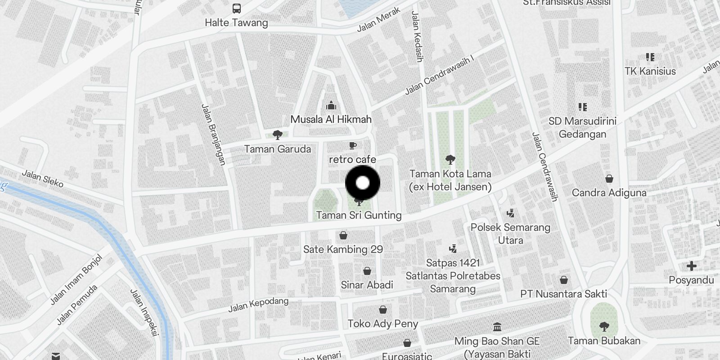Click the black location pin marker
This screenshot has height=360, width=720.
[363, 183]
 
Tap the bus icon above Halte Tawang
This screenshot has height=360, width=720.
[236, 8]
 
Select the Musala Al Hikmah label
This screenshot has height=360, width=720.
[331, 119]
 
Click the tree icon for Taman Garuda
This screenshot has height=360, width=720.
[277, 134]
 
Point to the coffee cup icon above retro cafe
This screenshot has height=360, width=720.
[353, 145]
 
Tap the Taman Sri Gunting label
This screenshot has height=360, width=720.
[359, 215]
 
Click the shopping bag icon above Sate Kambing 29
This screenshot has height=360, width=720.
[343, 235]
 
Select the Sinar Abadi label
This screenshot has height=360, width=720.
[367, 285]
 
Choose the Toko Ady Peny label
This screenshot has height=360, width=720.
[383, 324]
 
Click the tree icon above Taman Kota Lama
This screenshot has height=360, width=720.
[450, 159]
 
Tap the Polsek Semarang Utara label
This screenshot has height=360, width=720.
[510, 234]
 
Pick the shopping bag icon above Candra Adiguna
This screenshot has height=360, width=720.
[609, 179]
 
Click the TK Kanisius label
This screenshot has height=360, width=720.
[650, 71]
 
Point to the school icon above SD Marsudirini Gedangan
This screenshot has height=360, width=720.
[583, 107]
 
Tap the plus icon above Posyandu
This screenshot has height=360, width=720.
[691, 266]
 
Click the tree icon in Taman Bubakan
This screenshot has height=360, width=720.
[604, 326]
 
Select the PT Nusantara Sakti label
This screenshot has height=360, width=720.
[563, 294]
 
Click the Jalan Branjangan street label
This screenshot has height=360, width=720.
[213, 135]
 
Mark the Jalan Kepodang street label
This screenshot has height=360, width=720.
[258, 305]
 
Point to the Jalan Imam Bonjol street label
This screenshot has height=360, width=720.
[76, 279]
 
